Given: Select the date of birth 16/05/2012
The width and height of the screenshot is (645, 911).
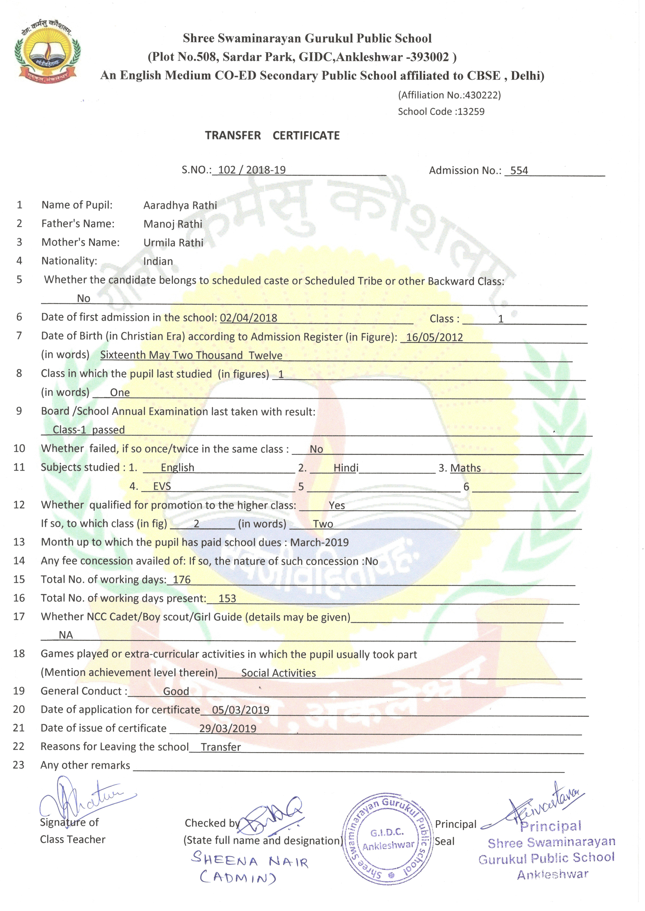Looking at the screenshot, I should pos(435,337).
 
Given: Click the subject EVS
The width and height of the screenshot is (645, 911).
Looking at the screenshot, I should pos(162,486).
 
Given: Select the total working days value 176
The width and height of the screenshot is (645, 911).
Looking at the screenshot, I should pos(181,580).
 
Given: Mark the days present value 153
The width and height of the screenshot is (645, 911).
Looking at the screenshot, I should pos(227,598).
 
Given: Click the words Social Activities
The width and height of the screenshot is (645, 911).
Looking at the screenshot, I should pos(278,673).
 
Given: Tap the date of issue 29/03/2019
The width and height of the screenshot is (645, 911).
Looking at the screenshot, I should pos(228,729).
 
